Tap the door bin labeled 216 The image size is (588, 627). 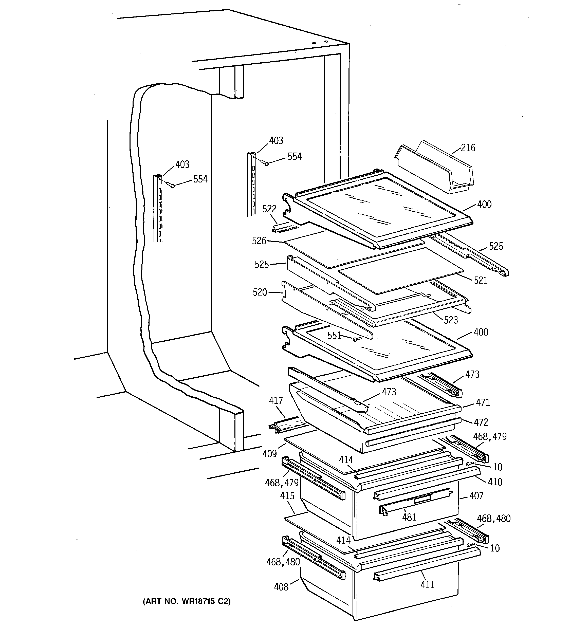click(x=434, y=167)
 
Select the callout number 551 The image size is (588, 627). click(x=334, y=335)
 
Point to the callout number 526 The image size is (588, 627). click(x=259, y=241)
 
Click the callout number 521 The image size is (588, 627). click(x=481, y=280)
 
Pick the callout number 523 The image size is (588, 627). click(x=450, y=320)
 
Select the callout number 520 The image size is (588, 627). click(x=260, y=292)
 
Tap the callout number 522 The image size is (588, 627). click(x=269, y=209)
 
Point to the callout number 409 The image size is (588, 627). click(x=269, y=454)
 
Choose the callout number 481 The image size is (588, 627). click(x=409, y=517)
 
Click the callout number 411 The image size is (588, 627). click(x=427, y=585)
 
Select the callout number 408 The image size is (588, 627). click(x=281, y=587)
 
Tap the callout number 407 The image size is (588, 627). click(x=476, y=496)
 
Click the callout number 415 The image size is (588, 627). click(x=287, y=496)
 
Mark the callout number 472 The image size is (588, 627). click(x=481, y=422)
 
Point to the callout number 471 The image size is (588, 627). click(x=483, y=402)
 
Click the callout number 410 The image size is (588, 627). click(x=495, y=482)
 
